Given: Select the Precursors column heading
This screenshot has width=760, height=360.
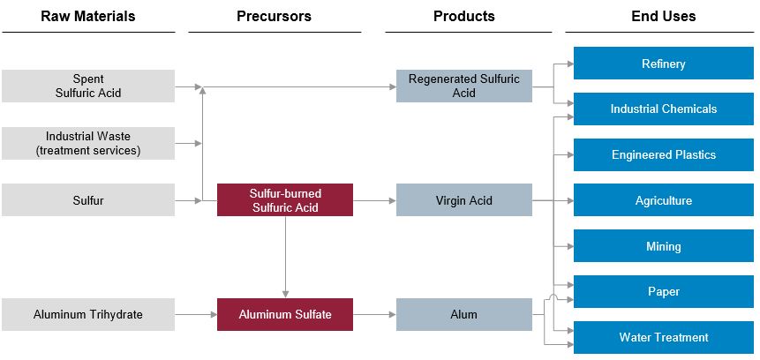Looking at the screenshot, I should (x=274, y=16).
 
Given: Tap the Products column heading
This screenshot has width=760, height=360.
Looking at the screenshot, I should (x=463, y=16).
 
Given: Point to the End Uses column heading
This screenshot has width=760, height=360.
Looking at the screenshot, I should (x=663, y=16).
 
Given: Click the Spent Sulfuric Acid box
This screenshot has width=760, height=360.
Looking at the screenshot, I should (x=88, y=86).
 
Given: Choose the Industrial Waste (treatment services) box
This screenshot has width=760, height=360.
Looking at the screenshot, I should (x=88, y=143).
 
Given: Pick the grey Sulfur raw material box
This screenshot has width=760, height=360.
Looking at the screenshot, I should (x=88, y=200).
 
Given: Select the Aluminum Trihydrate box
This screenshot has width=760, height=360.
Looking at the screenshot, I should (x=88, y=314).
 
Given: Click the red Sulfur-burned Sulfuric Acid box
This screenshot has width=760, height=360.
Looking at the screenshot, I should (x=285, y=200).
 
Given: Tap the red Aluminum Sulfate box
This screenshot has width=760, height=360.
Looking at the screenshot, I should (x=285, y=314).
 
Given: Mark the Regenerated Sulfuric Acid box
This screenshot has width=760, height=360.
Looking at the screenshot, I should (x=463, y=86).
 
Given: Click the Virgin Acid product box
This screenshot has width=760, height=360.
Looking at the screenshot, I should (x=463, y=200).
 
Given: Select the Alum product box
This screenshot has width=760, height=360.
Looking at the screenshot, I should (x=463, y=314).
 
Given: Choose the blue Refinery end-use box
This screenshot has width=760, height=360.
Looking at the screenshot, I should (x=663, y=64).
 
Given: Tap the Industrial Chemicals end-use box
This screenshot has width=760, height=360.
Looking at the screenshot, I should (x=663, y=109).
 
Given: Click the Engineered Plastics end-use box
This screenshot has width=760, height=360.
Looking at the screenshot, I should (x=663, y=155).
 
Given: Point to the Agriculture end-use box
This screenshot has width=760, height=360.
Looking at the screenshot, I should (x=663, y=200).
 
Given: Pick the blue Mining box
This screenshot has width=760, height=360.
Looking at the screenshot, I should (x=663, y=246).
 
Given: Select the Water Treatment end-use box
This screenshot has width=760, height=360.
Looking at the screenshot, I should (x=663, y=337).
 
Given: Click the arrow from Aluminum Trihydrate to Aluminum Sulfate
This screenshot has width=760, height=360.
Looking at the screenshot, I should (x=196, y=314).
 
